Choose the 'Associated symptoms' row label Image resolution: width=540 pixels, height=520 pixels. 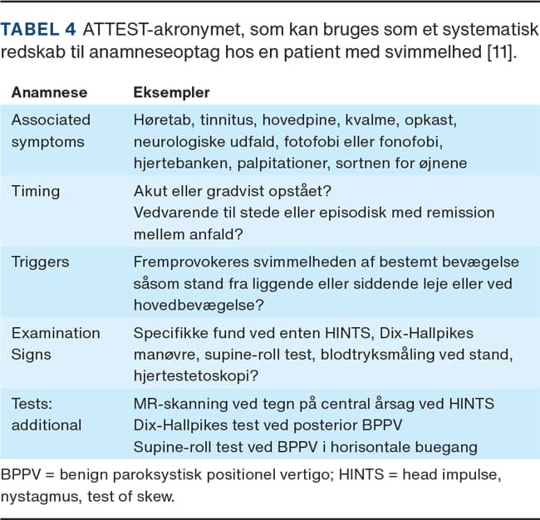pyautogui.click(x=51, y=130)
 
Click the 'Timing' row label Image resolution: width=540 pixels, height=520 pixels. pyautogui.click(x=36, y=190)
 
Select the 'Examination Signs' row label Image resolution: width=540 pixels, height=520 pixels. pyautogui.click(x=56, y=344)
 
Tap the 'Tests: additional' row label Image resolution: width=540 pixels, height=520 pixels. pyautogui.click(x=47, y=415)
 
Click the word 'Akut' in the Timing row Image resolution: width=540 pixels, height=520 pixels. pyautogui.click(x=150, y=190)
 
